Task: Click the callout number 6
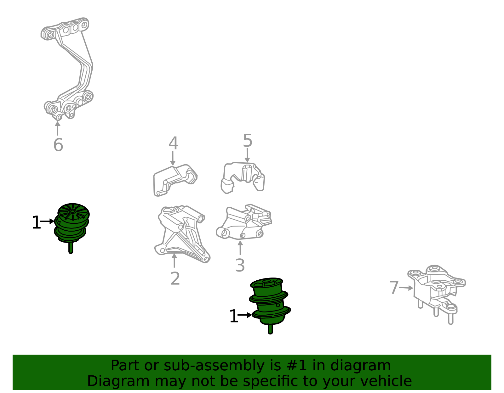[58, 145]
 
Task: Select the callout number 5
[248, 140]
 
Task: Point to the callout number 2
[175, 278]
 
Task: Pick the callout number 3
[240, 265]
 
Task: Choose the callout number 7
[394, 287]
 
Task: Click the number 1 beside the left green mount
[37, 222]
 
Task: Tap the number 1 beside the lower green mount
[234, 316]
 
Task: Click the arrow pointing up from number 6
[58, 128]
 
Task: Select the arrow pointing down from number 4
[173, 159]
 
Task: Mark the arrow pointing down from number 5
[247, 155]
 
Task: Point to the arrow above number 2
[175, 261]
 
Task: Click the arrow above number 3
[240, 248]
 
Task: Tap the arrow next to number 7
[406, 288]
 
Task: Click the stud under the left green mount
[71, 248]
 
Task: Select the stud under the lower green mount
[270, 329]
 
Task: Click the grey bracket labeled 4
[175, 180]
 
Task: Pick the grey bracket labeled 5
[243, 178]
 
